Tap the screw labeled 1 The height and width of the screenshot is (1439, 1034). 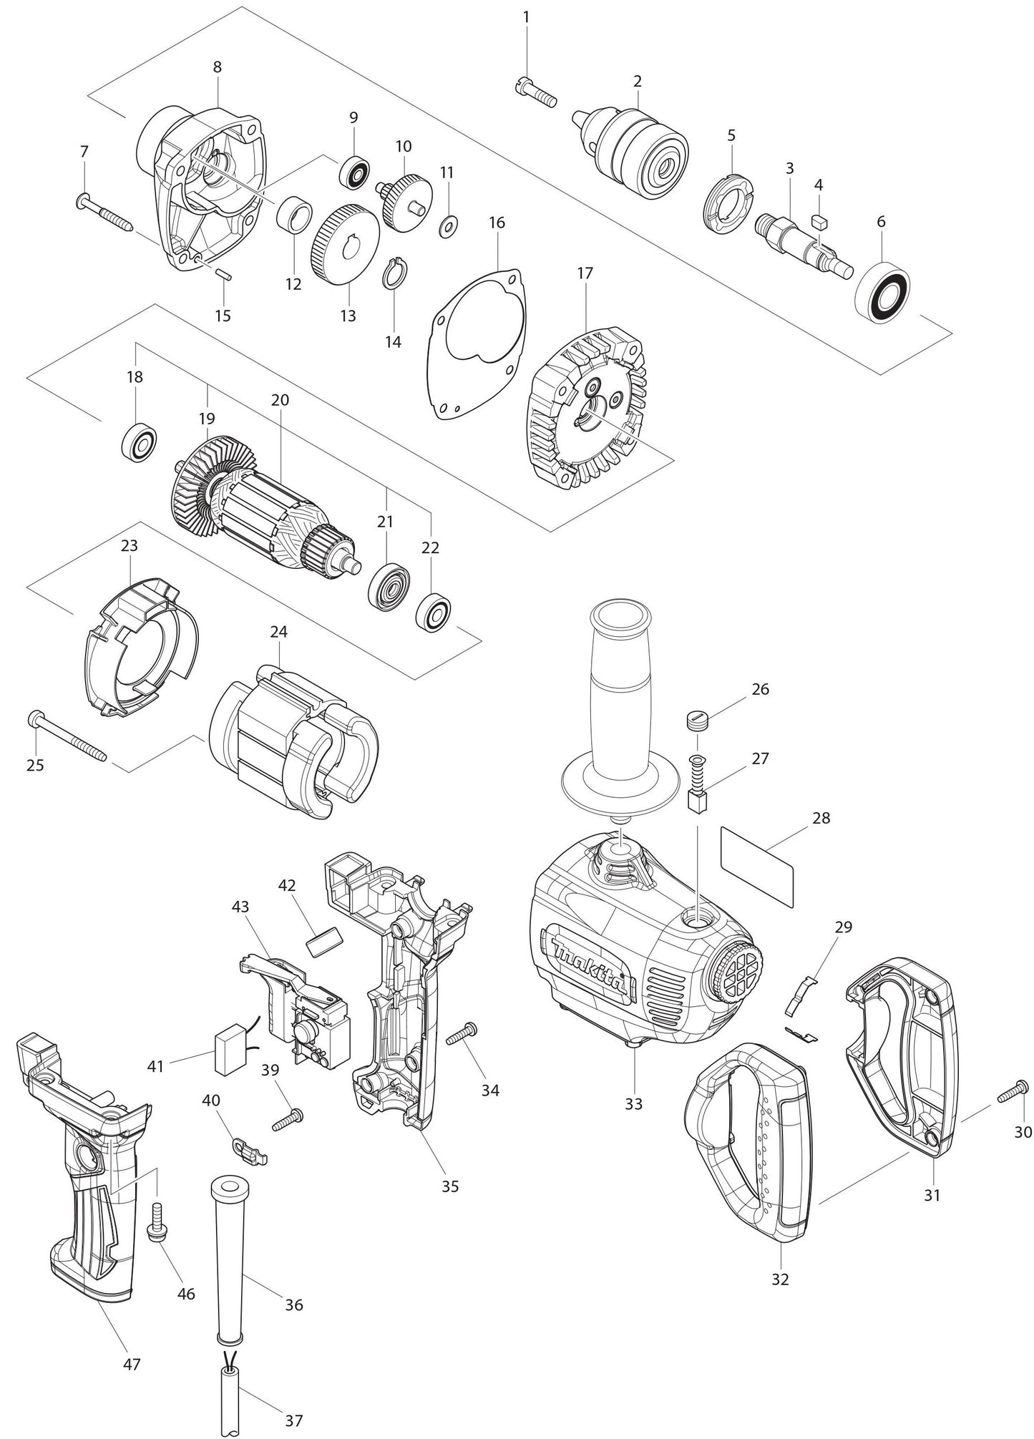(x=536, y=94)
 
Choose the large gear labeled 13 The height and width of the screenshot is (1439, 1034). (x=345, y=245)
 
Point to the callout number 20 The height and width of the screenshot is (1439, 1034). (x=280, y=400)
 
